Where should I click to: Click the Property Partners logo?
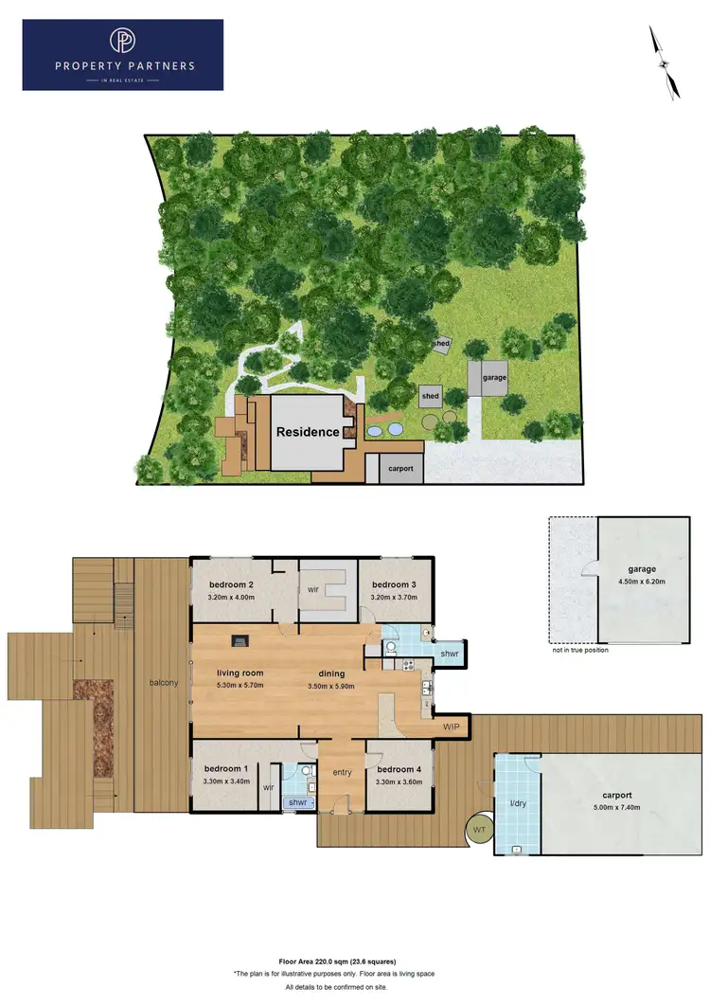click(123, 55)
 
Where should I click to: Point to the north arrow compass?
click(666, 63)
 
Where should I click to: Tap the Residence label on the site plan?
click(308, 432)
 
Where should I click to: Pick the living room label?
click(240, 673)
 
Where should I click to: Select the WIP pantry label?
click(453, 727)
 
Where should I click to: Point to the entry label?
click(342, 772)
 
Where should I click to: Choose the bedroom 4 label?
click(397, 769)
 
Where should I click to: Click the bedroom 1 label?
click(226, 768)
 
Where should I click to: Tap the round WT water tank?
click(481, 831)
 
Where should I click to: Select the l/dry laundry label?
click(518, 804)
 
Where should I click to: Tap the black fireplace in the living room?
click(241, 641)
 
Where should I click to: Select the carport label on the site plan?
click(400, 468)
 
